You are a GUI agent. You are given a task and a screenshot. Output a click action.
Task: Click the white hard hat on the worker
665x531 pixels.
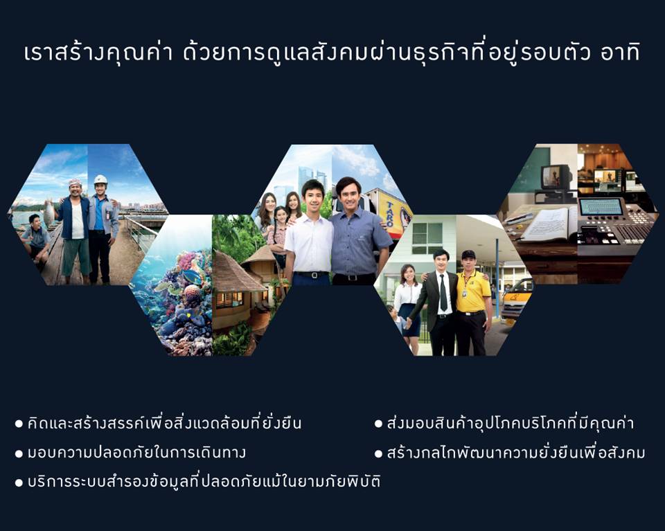pos(100,179)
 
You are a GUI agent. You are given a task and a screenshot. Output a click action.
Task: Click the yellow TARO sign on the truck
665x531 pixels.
pos(393,215)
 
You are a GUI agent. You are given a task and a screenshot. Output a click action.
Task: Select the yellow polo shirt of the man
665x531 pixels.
pos(472,291)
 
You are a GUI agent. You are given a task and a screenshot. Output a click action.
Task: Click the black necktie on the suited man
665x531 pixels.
pos(443,292)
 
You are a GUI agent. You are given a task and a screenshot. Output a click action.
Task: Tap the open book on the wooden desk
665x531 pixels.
pos(548,224)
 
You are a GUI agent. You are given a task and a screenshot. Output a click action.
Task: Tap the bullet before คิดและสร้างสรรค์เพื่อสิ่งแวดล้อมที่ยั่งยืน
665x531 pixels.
pos(19,424)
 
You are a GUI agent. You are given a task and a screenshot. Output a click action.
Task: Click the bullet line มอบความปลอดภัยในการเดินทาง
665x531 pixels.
pos(131,453)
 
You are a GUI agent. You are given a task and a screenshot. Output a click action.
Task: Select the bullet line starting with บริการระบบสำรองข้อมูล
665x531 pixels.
pos(197,481)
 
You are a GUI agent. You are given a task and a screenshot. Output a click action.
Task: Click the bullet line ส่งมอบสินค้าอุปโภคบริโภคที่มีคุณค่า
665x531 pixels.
pos(504,423)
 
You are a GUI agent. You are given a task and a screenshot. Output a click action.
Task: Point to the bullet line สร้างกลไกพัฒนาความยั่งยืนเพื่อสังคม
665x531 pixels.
pos(510,452)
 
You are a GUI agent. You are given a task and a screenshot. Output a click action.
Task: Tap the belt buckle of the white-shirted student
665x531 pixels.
pos(312,275)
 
